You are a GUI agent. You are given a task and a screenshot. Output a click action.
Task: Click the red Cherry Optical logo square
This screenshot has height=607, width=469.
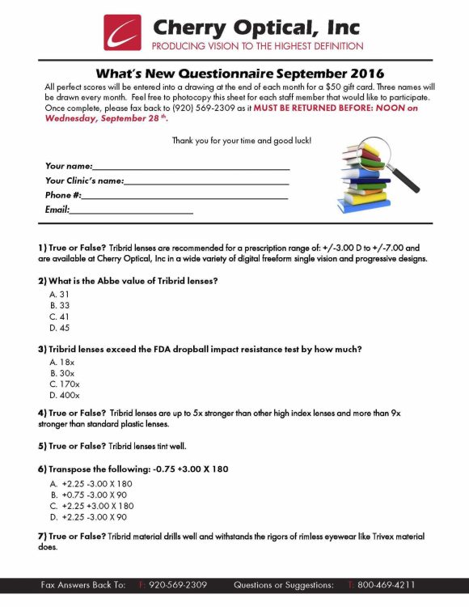point(122,32)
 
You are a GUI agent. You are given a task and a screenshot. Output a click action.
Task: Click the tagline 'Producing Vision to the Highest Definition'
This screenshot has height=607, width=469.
point(257,46)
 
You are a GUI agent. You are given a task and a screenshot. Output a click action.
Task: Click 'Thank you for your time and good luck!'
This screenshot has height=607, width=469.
point(241,141)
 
